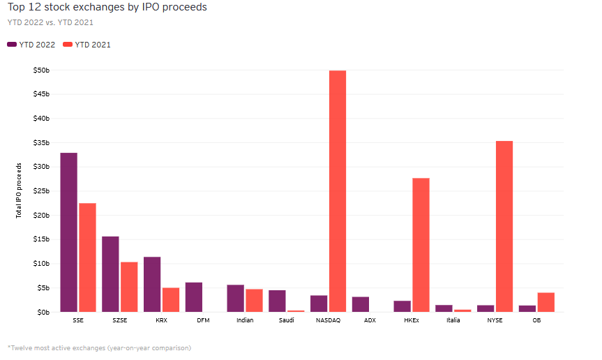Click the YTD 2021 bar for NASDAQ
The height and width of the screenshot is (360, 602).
point(338,191)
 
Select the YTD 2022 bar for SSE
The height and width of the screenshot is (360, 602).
point(68,232)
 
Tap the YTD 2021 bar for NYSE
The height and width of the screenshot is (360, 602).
point(504,226)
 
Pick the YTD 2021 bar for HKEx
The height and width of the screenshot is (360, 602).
point(421,245)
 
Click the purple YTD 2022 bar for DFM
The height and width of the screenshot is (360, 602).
point(194,297)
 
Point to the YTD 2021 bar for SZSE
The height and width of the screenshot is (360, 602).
point(129,287)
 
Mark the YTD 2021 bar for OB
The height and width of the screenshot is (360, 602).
point(546,302)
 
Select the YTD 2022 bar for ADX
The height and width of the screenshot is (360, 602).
point(361,304)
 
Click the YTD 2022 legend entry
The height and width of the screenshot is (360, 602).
point(31,45)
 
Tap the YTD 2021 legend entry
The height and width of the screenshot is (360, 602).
point(87,45)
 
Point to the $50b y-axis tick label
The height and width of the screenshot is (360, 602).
point(41,70)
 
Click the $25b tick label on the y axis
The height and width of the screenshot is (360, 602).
point(41,191)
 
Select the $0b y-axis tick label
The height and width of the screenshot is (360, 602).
point(43,312)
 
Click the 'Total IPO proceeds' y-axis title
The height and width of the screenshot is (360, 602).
point(20,190)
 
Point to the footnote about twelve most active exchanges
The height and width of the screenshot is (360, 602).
point(99,347)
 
